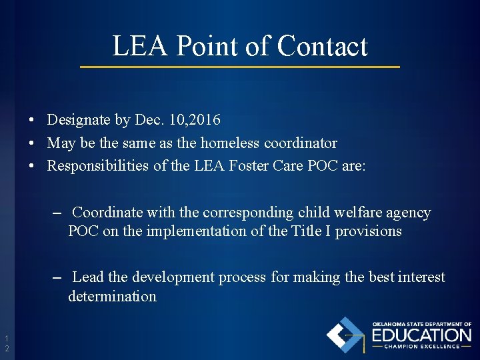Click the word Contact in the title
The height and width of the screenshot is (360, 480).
tap(322, 46)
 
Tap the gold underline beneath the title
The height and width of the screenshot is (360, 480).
tap(240, 67)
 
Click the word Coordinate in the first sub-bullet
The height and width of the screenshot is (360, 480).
tap(108, 213)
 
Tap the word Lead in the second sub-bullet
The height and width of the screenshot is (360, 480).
tap(86, 277)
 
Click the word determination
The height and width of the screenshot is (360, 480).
tap(112, 296)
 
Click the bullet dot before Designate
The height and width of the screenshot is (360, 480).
tap(32, 121)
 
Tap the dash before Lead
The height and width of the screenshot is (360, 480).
tap(57, 277)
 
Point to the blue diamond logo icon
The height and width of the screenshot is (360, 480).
tap(345, 335)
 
